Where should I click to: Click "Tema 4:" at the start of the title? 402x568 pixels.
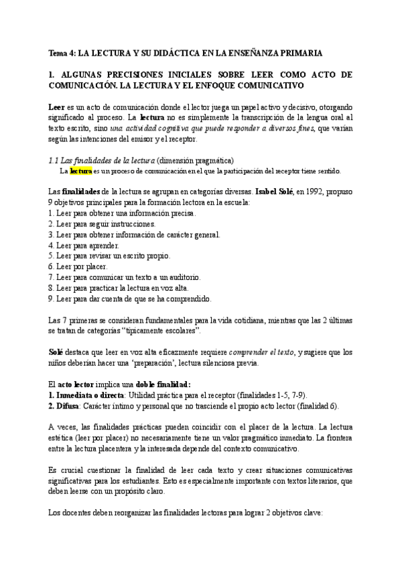[x=63, y=52]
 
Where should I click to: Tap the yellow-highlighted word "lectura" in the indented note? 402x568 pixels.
[x=81, y=171]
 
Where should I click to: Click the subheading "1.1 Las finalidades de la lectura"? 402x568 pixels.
[x=103, y=161]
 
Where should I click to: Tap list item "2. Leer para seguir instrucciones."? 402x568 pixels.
[x=102, y=224]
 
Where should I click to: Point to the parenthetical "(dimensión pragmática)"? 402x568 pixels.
[x=195, y=161]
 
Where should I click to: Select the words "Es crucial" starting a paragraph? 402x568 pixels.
[x=68, y=470]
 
